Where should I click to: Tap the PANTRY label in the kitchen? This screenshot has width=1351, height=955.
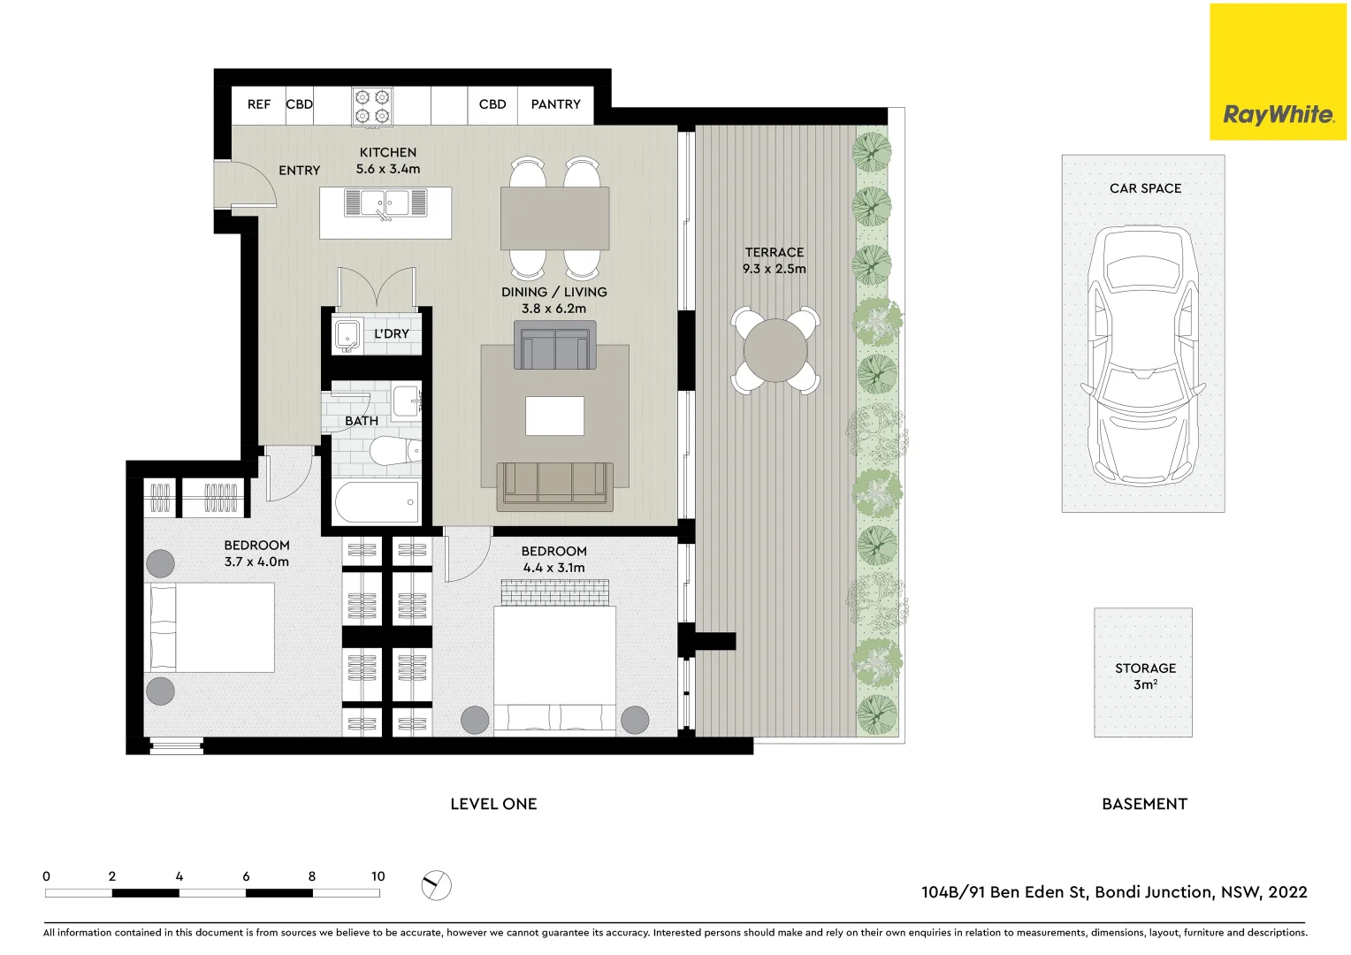(555, 104)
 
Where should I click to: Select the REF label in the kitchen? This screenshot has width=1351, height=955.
(258, 104)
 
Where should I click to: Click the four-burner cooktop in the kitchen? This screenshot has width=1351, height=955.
(372, 107)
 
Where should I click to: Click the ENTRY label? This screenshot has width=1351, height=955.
(299, 171)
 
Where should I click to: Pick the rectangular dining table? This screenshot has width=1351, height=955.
(554, 218)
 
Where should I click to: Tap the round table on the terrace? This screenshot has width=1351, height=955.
(775, 350)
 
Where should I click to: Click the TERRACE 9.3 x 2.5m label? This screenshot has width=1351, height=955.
(775, 261)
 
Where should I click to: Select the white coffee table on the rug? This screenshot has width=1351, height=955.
(554, 416)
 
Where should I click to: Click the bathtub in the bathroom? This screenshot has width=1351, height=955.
(378, 502)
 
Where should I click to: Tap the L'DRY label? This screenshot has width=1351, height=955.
(391, 334)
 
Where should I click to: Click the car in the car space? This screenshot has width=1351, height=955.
(1143, 355)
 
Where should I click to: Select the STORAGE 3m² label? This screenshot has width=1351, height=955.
(1145, 676)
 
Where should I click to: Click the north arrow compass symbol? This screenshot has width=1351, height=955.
(436, 884)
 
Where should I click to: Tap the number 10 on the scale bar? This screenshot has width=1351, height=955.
(378, 876)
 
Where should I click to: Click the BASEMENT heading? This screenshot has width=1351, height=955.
(1144, 804)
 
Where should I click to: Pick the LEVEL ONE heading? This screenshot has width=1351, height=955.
(493, 804)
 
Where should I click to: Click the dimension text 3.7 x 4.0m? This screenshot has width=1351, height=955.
(256, 562)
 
